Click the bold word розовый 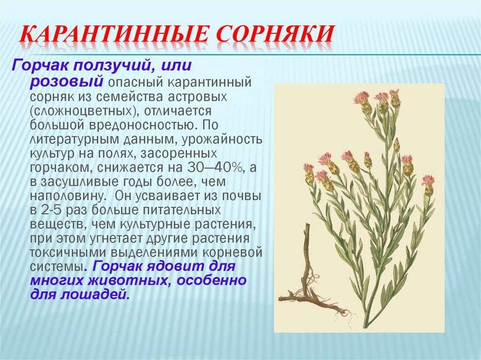pyautogui.click(x=67, y=82)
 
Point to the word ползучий pyautogui.click(x=109, y=66)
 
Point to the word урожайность pyautogui.click(x=222, y=139)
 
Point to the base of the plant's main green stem pyautogui.click(x=365, y=327)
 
